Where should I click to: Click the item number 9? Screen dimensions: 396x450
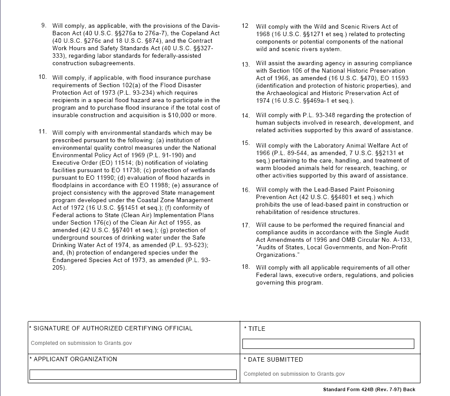[x=44, y=25]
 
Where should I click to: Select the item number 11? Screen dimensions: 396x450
[x=43, y=131]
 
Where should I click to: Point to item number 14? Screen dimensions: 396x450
[x=245, y=116]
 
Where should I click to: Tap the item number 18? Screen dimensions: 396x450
[x=245, y=266]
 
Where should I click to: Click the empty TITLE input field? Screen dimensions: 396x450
[x=328, y=344]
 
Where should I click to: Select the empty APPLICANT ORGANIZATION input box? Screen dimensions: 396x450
[x=133, y=374]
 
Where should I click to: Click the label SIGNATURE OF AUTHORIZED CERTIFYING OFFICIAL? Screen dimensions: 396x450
[x=113, y=328]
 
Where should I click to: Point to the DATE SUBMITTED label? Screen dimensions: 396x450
[x=275, y=359]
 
